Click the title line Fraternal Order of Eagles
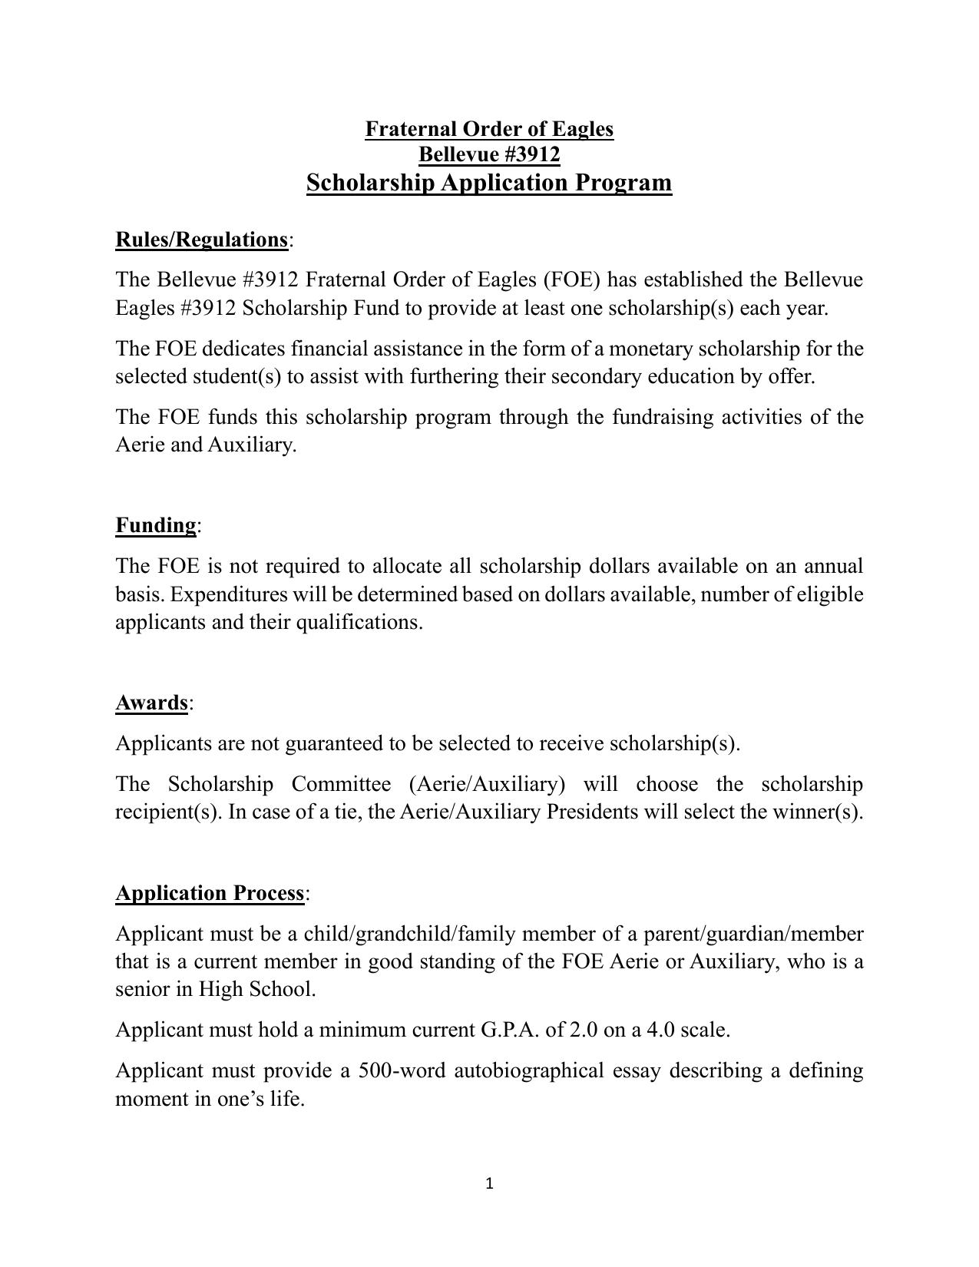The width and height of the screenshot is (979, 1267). click(489, 128)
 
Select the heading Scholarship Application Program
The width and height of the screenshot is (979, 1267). click(489, 183)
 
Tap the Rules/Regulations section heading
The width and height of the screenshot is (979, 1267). click(201, 240)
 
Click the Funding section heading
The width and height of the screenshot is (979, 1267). click(156, 525)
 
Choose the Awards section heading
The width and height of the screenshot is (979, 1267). click(151, 703)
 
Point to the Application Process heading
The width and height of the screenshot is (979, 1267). click(210, 893)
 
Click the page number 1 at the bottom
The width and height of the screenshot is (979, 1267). click(489, 1184)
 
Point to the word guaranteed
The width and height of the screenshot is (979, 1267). click(334, 743)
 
